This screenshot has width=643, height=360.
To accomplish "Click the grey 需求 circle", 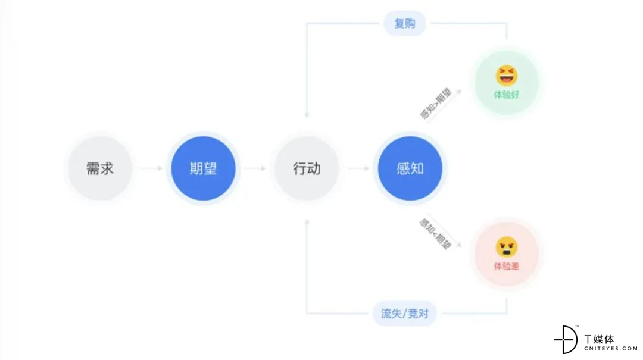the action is click(100, 168).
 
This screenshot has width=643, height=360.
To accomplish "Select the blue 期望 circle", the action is click(204, 168).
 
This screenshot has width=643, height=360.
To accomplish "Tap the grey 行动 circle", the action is click(307, 168).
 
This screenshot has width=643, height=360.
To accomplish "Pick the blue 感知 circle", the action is click(410, 168).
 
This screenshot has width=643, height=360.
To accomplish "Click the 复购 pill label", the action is click(405, 23).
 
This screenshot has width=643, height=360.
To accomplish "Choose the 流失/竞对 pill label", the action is click(405, 314).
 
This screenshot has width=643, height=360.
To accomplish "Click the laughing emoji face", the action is click(507, 76).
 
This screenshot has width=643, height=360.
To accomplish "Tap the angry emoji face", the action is click(507, 248).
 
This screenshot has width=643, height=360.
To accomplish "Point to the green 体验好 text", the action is click(507, 95).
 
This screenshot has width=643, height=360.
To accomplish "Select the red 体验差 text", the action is click(507, 266).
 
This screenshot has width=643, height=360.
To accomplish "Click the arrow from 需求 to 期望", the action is click(151, 168).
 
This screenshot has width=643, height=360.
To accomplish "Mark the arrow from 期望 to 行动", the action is click(255, 168).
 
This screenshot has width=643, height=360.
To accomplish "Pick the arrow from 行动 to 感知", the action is click(358, 168).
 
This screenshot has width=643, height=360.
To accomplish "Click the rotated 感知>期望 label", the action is click(435, 104).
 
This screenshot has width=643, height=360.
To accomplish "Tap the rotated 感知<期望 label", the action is click(435, 233).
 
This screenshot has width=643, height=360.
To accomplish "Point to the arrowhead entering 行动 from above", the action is click(307, 115).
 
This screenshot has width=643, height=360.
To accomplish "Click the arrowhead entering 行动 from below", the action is click(307, 222).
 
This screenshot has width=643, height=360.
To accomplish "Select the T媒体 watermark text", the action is click(599, 339).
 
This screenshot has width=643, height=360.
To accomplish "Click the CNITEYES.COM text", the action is click(611, 349).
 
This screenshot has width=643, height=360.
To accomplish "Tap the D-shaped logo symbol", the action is click(566, 340).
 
